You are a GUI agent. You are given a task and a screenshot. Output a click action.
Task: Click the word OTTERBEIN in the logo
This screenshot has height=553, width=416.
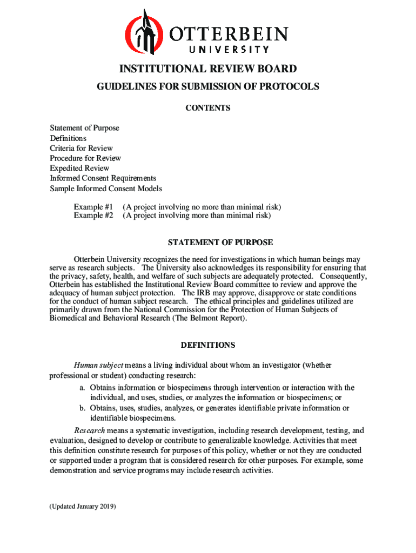tap(230, 35)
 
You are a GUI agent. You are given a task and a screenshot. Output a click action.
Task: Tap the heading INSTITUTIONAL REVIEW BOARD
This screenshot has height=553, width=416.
tap(208, 69)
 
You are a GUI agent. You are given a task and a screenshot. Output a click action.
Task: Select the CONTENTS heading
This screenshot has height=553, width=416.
tap(208, 108)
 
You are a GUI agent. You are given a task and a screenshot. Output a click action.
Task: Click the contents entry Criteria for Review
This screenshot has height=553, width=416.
tap(82, 148)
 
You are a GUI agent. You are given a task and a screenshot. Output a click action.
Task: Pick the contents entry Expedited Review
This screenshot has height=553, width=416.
tap(79, 168)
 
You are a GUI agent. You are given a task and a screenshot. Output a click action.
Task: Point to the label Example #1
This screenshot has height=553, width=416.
tap(93, 207)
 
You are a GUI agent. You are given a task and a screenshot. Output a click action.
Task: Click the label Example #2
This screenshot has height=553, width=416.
tap(93, 215)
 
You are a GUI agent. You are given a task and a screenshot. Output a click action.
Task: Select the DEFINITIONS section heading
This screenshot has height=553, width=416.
tap(208, 345)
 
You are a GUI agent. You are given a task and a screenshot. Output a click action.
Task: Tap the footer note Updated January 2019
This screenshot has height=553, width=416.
tap(83, 507)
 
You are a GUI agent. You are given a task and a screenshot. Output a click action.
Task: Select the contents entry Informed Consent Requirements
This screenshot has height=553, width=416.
tap(103, 178)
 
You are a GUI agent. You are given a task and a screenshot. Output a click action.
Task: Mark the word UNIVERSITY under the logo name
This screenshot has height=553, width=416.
tap(229, 50)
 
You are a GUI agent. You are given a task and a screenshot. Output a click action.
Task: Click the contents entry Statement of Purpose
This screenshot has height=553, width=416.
tap(85, 128)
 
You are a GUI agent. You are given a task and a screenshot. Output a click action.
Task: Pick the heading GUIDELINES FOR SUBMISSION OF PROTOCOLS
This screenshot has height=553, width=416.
tap(208, 86)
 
